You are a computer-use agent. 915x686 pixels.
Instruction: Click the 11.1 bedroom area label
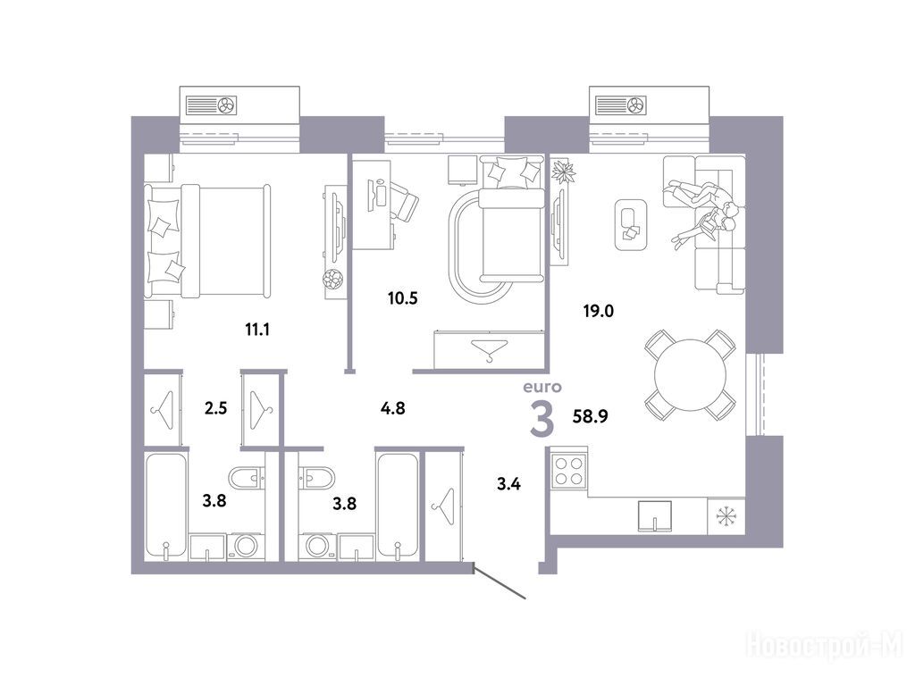(256, 330)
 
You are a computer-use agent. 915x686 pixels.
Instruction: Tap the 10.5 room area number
(403, 298)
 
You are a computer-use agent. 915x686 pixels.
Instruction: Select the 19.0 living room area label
(598, 312)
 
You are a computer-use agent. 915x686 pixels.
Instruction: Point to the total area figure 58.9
(591, 416)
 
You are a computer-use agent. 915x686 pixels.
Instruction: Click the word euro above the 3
(542, 387)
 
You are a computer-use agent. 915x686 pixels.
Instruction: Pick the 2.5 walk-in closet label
(215, 408)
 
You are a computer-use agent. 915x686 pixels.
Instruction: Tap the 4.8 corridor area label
(393, 408)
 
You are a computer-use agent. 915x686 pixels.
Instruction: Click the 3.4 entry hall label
(508, 483)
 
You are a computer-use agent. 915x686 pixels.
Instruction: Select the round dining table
(690, 376)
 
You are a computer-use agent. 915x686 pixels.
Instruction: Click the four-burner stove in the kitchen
(568, 471)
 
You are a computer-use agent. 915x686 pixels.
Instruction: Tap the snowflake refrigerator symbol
(726, 516)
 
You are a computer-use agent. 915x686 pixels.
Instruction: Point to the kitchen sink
(655, 516)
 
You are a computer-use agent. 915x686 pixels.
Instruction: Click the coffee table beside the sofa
(631, 224)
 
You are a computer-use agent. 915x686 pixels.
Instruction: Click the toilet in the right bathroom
(317, 479)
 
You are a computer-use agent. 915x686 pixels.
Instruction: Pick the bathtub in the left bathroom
(166, 506)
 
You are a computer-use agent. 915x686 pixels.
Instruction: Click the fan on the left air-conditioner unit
(226, 105)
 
